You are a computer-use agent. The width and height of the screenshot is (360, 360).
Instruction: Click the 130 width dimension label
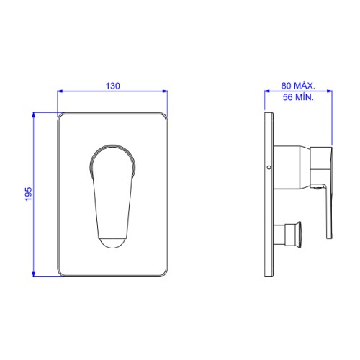tap(113, 86)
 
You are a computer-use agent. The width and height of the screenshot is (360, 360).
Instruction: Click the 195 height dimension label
tap(28, 194)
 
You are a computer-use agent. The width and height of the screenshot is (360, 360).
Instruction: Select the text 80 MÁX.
tap(298, 86)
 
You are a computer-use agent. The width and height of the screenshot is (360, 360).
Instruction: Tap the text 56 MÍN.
tap(298, 97)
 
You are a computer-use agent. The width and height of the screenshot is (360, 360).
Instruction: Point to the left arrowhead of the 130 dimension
tap(60, 91)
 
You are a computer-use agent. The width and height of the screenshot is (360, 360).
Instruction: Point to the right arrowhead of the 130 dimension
tap(165, 91)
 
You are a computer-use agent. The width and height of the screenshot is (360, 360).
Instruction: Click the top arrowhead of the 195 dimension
tap(34, 115)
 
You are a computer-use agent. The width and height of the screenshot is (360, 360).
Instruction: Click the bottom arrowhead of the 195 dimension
tap(34, 274)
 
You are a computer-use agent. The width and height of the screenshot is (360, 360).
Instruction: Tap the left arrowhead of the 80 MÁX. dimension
tap(267, 91)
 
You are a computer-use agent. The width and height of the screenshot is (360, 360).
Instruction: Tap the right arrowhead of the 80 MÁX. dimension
tap(329, 91)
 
